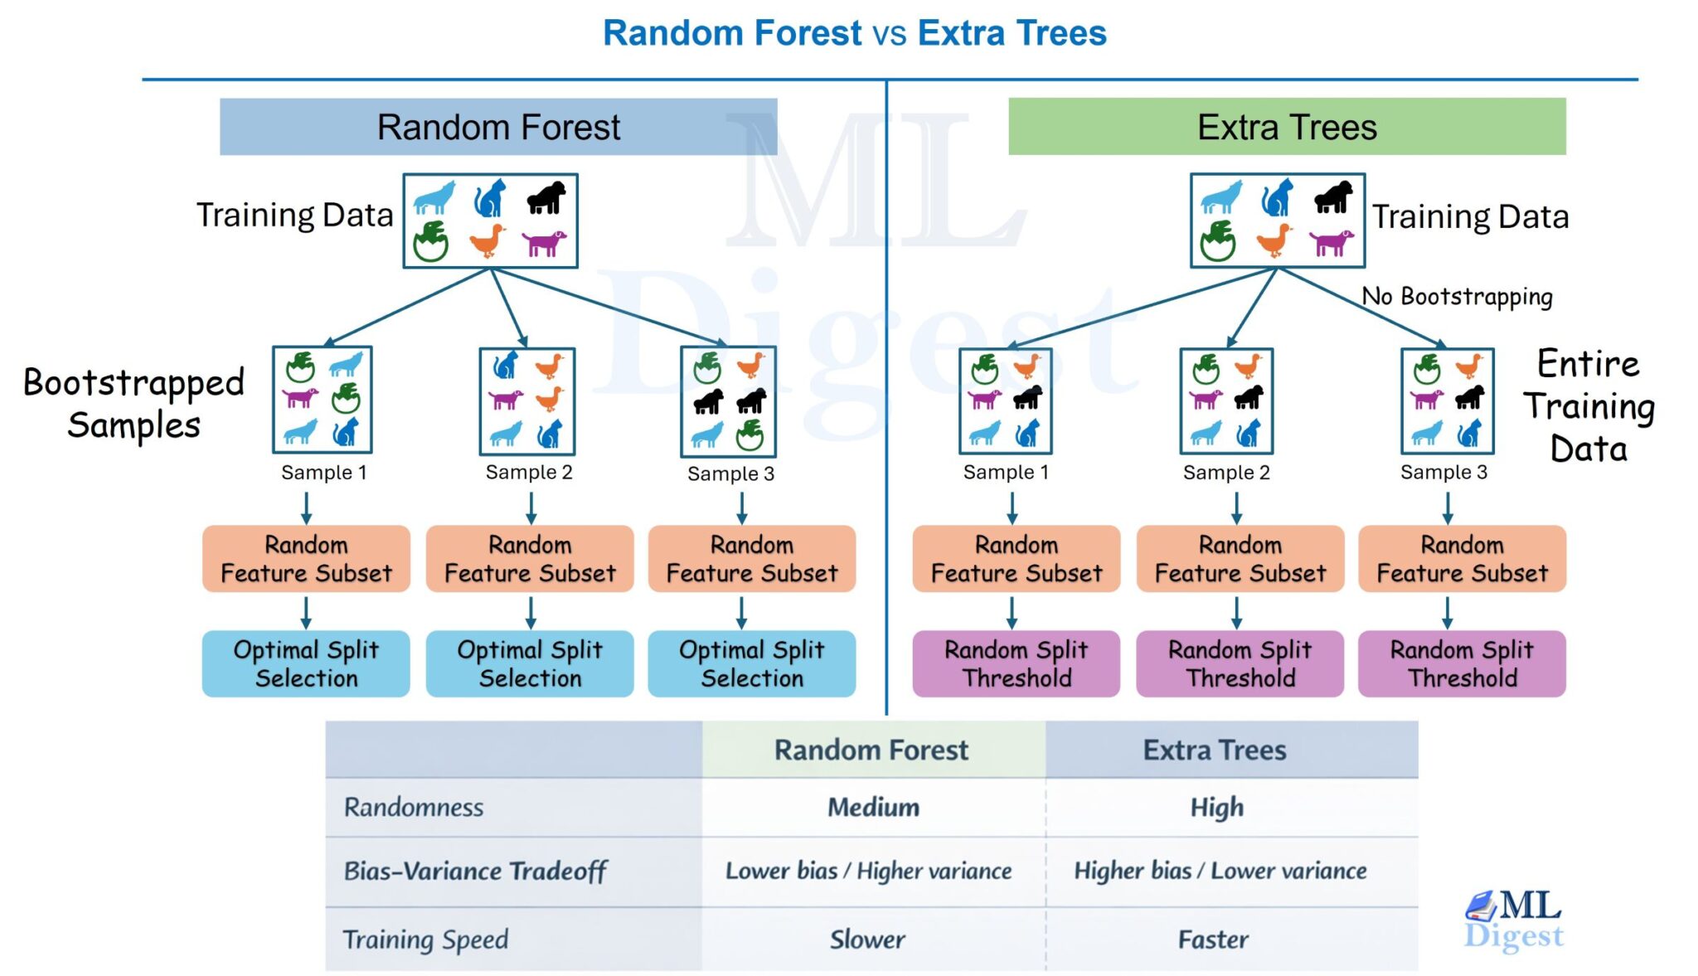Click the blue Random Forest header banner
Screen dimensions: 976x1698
point(497,127)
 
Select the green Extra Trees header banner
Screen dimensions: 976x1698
point(1286,127)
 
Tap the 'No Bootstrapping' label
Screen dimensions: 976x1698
point(1457,296)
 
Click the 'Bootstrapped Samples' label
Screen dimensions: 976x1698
point(133,404)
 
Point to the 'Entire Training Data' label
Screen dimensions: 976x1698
point(1588,406)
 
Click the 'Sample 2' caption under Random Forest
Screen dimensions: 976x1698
point(529,473)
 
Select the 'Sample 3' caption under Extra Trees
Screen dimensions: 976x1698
point(1443,473)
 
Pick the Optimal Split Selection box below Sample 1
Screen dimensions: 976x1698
point(306,663)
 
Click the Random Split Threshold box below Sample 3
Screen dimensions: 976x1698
point(1462,663)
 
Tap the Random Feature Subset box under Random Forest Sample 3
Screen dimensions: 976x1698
point(752,559)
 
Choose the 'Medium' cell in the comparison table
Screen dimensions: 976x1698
point(873,807)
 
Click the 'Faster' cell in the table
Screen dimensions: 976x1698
point(1214,940)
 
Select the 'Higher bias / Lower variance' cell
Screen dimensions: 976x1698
point(1220,871)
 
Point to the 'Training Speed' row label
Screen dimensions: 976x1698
point(425,940)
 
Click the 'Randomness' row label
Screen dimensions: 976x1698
point(414,807)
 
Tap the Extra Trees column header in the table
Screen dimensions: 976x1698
point(1215,750)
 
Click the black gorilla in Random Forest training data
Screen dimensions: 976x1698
point(546,197)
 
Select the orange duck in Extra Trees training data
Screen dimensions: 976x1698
point(1273,240)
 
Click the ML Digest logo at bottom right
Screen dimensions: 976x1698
point(1514,919)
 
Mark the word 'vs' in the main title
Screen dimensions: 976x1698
point(890,34)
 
